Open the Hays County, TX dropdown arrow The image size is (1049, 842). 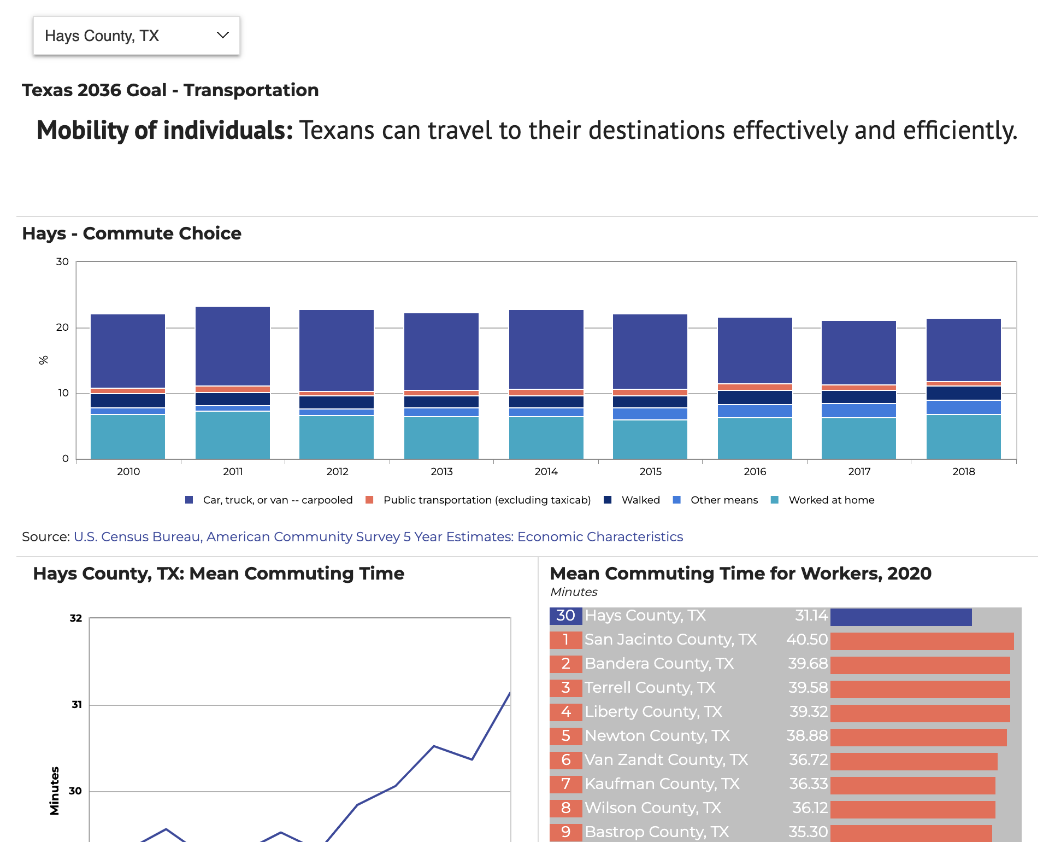click(x=222, y=36)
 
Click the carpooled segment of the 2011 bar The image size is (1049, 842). click(x=233, y=346)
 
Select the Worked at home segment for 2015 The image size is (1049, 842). click(x=650, y=439)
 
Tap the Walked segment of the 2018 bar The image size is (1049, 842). click(x=963, y=393)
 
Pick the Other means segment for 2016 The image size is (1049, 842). click(x=755, y=411)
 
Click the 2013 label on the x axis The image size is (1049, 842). click(x=441, y=471)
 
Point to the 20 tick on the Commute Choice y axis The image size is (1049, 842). click(x=62, y=328)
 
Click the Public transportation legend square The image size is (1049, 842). click(x=369, y=500)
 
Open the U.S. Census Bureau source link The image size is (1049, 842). click(x=378, y=537)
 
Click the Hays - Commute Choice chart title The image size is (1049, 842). click(x=132, y=233)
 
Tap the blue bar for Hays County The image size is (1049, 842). click(x=900, y=617)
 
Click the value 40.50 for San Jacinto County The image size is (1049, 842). click(x=807, y=640)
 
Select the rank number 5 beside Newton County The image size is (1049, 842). click(x=565, y=736)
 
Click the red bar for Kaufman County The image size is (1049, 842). click(x=912, y=785)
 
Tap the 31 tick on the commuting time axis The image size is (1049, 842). click(x=76, y=705)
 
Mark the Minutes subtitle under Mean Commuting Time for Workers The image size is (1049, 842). click(x=574, y=592)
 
